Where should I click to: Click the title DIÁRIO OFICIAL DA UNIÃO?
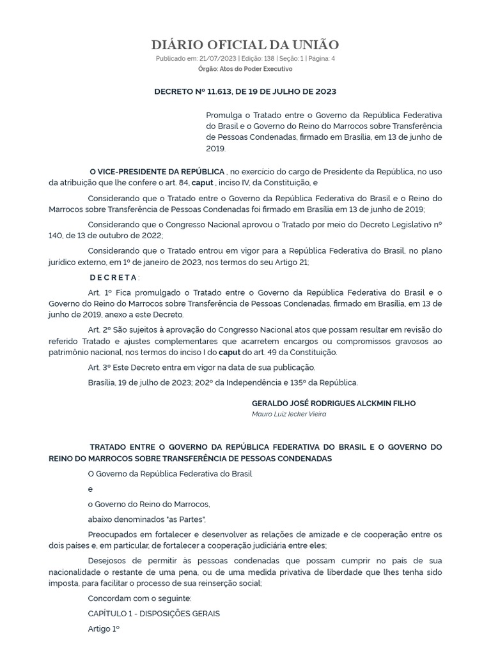point(245,44)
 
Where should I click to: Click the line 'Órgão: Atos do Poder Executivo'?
point(245,68)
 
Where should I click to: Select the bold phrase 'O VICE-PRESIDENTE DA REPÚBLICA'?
point(157,172)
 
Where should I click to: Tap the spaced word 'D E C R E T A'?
point(113,277)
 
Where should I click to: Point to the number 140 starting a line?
point(56,235)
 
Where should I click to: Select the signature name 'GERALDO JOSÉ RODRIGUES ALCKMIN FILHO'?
point(334,403)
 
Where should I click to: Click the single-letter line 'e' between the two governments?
point(90,489)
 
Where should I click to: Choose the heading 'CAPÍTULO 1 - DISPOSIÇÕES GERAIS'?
point(153,613)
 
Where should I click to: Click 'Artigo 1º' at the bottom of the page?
point(104,628)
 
